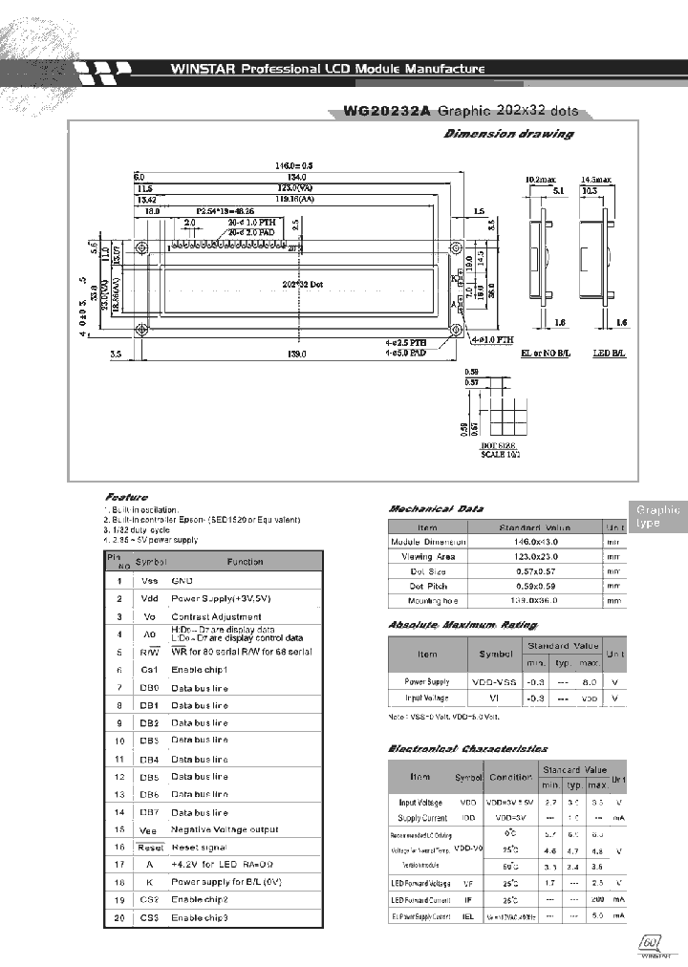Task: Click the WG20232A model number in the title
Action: click(386, 112)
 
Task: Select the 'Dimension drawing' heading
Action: click(508, 134)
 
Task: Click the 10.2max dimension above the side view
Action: click(542, 179)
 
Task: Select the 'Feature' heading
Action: click(126, 498)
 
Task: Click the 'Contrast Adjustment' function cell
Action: click(215, 616)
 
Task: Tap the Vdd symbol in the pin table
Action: click(149, 598)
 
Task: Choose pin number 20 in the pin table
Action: click(118, 917)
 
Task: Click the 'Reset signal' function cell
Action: click(199, 847)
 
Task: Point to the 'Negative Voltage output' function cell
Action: click(225, 829)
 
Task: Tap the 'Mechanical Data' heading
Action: click(436, 509)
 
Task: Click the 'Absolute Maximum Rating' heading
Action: click(462, 624)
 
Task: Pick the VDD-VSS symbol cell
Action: click(495, 681)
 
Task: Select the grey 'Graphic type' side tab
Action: click(657, 517)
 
